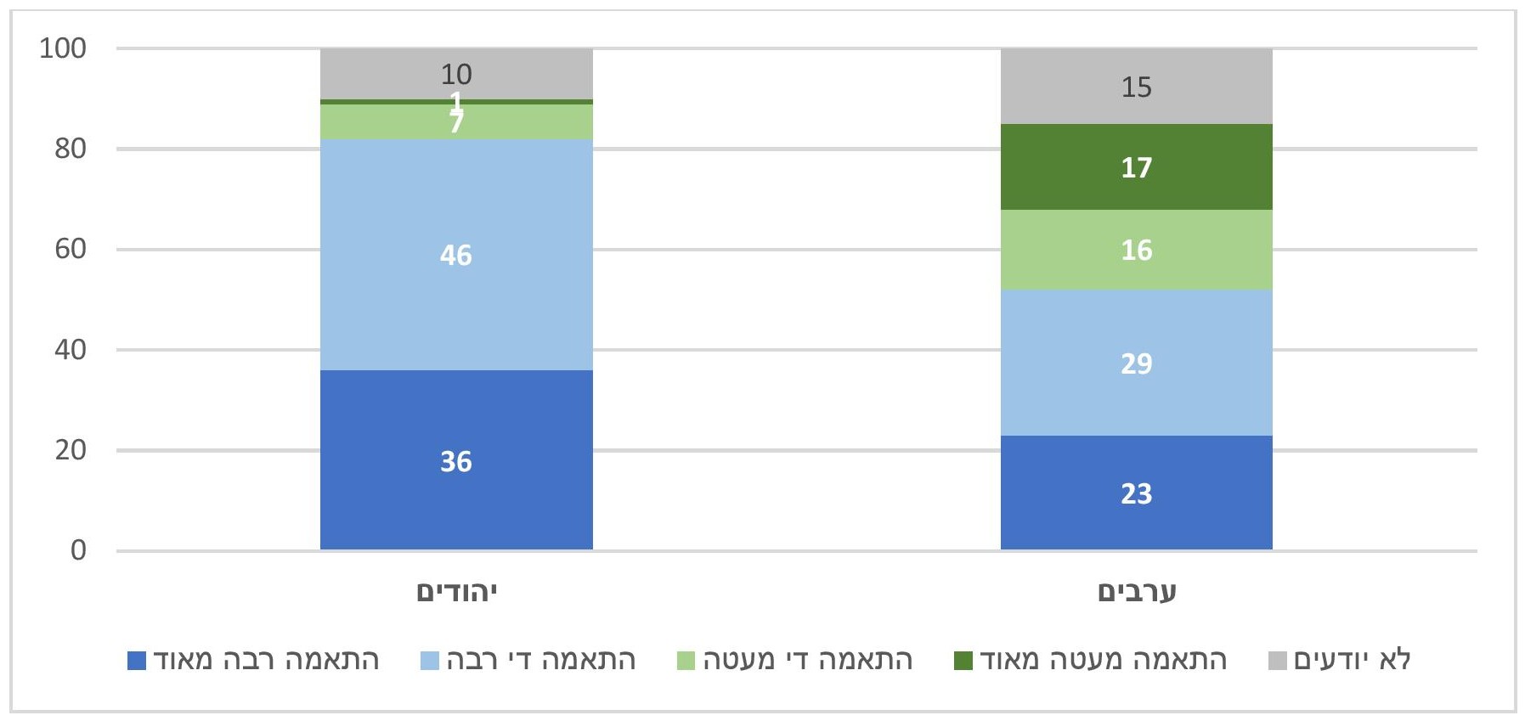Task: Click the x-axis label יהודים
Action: (x=456, y=592)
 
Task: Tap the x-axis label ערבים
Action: (x=1136, y=592)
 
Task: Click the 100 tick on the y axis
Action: (x=63, y=48)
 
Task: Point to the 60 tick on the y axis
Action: (x=71, y=249)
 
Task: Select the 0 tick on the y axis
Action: (x=78, y=550)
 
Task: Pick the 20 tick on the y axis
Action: (x=71, y=450)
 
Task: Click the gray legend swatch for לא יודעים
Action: (x=1277, y=661)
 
